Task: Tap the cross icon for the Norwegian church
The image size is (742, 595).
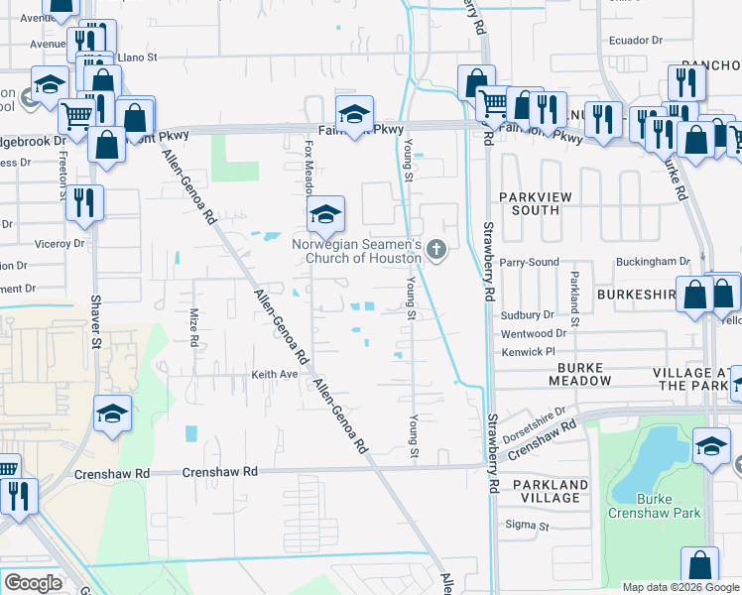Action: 436,253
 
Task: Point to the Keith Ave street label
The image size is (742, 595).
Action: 274,375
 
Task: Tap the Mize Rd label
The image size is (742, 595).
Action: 194,326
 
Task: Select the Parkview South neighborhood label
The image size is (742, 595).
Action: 536,203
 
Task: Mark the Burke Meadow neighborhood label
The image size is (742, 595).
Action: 578,374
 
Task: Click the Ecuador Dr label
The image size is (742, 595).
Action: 636,41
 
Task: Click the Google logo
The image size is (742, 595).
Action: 33,583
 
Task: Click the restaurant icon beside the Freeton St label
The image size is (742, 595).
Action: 84,203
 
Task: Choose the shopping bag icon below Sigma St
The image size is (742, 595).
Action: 699,564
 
